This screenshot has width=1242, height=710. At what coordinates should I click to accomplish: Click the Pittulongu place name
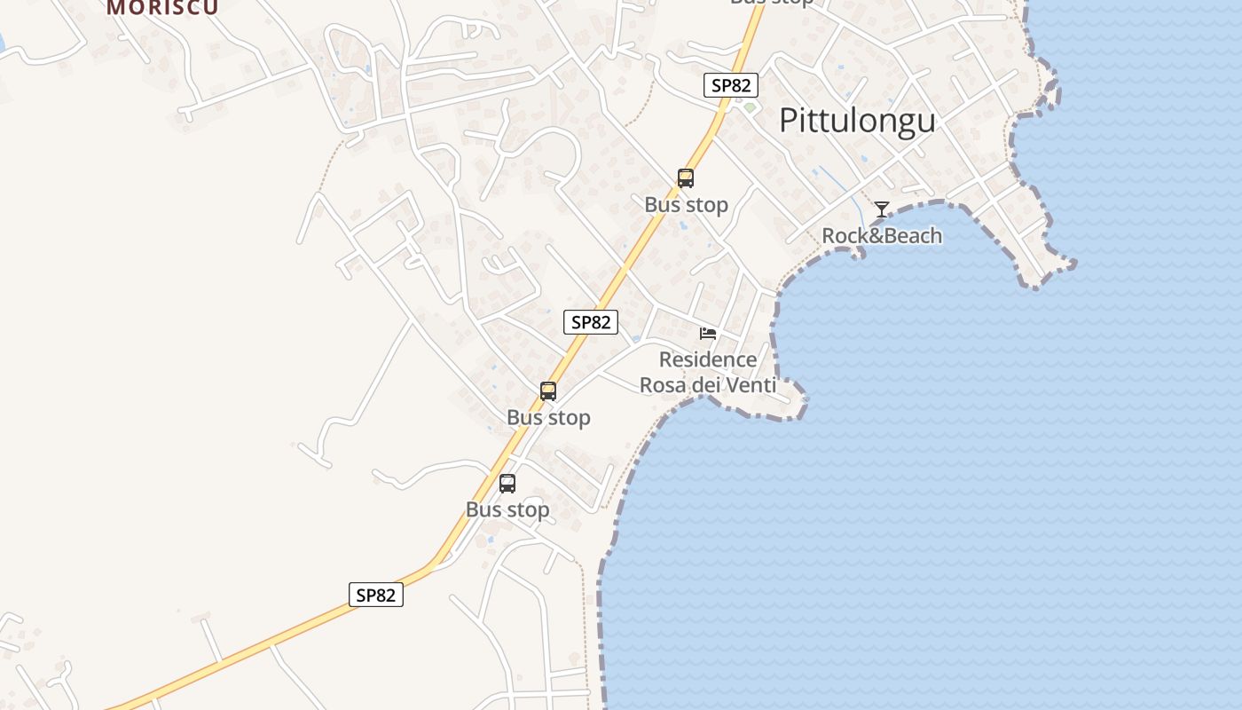pos(857,121)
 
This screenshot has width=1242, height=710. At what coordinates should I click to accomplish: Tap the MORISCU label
pos(162,7)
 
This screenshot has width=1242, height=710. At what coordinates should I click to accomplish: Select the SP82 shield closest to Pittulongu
pos(731,85)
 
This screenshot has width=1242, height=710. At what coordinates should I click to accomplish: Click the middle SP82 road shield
pos(591,322)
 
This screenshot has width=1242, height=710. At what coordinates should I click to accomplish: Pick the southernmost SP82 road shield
pos(375,595)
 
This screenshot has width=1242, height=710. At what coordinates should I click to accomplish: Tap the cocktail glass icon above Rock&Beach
pos(881,209)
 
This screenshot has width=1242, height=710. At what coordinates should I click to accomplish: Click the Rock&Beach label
pos(882,236)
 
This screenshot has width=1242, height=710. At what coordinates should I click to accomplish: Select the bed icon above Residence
pos(707,334)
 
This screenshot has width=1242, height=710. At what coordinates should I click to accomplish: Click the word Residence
pos(708,359)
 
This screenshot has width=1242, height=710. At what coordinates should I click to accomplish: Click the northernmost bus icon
pos(686,178)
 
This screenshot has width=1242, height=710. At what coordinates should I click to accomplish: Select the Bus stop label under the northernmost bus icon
pos(686,205)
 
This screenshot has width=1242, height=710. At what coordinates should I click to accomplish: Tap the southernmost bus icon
pos(507,484)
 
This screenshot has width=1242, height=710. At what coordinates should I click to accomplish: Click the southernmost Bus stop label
pos(507,510)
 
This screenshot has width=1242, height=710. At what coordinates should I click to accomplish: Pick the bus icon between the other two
pos(548,391)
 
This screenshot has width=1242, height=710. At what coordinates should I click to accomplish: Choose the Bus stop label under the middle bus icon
pos(548,417)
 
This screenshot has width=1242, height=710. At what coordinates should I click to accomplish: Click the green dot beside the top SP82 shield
pos(750,108)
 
